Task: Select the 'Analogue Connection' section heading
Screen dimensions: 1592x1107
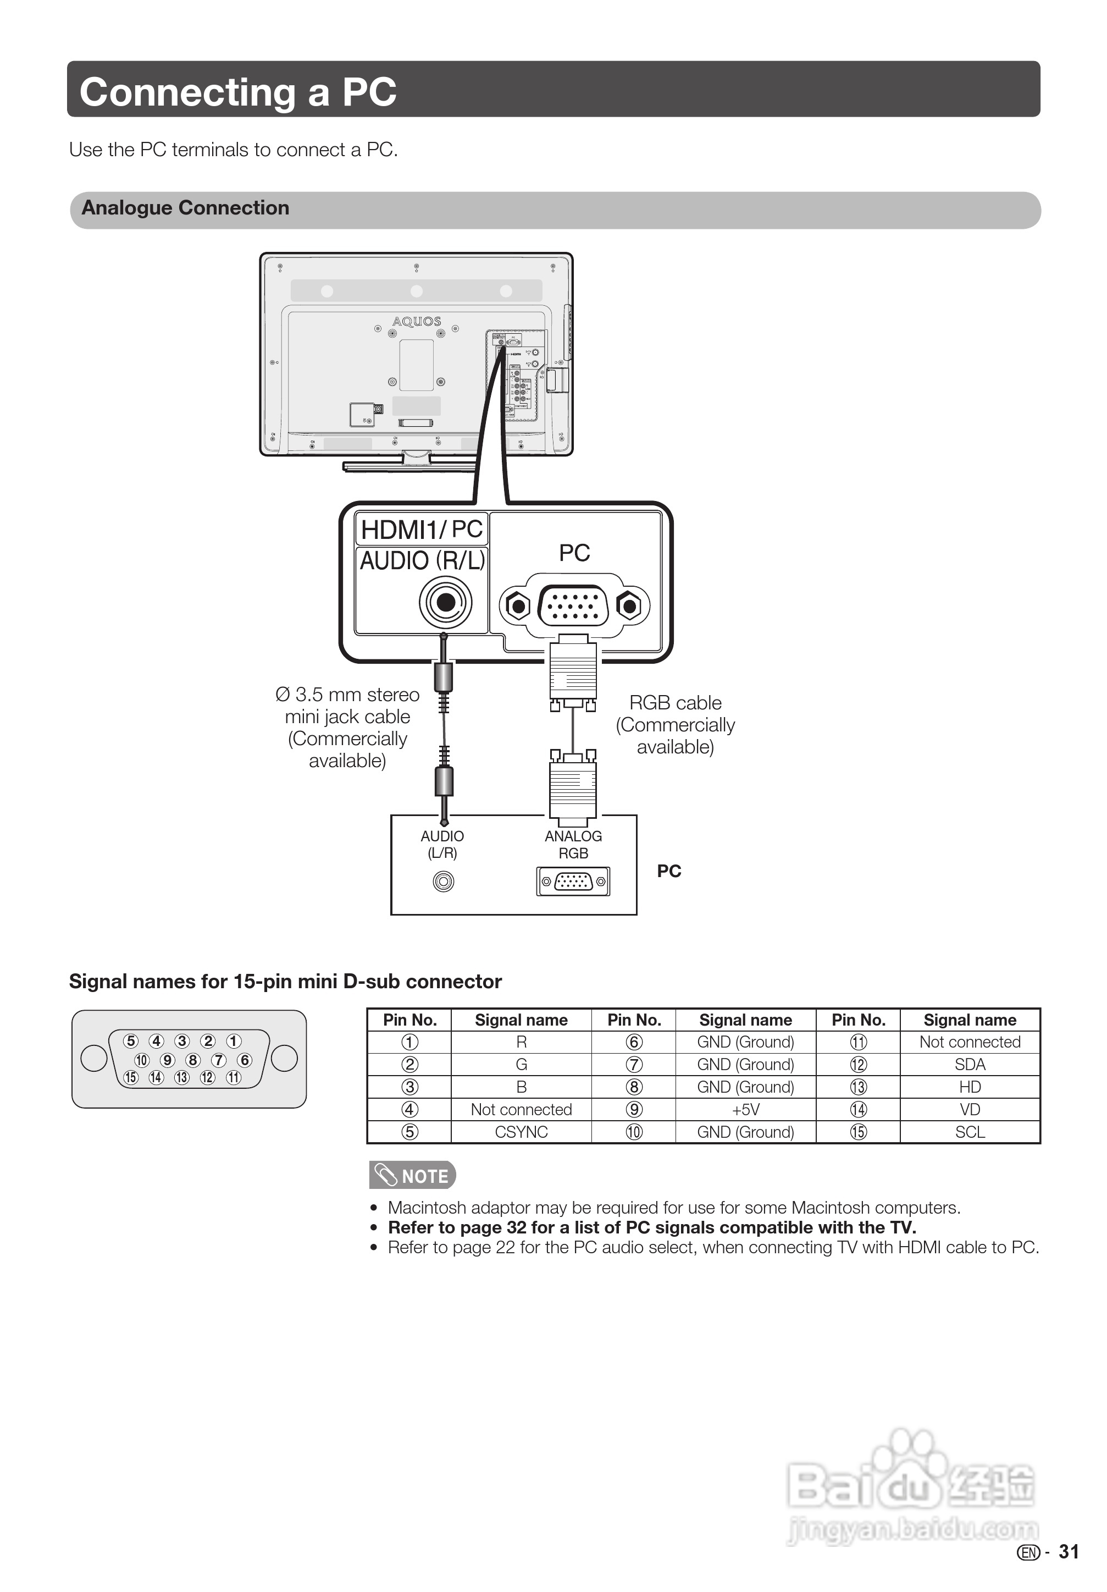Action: point(185,208)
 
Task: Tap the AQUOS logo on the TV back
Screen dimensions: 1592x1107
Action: point(417,322)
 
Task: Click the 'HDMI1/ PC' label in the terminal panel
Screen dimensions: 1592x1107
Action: point(422,530)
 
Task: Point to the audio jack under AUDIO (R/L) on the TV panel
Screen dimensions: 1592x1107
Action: point(445,603)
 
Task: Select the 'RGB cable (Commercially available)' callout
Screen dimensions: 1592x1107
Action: point(675,725)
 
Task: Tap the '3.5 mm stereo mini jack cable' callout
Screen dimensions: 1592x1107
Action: point(347,728)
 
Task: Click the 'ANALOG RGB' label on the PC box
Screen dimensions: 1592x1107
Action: point(573,845)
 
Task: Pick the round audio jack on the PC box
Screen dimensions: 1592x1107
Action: point(444,882)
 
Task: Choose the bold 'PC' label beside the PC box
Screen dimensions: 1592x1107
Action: point(669,871)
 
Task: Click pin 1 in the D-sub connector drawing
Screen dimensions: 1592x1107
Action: point(234,1041)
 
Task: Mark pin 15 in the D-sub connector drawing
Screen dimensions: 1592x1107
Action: point(130,1077)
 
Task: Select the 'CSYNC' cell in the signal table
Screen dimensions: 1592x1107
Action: point(521,1132)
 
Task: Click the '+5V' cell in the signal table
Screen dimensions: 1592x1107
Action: point(746,1109)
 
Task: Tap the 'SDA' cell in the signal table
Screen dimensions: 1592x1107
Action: point(970,1064)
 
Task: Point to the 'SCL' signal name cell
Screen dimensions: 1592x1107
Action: point(970,1132)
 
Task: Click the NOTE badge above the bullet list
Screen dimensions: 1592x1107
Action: point(412,1176)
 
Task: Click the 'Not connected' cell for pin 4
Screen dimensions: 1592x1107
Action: point(521,1109)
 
